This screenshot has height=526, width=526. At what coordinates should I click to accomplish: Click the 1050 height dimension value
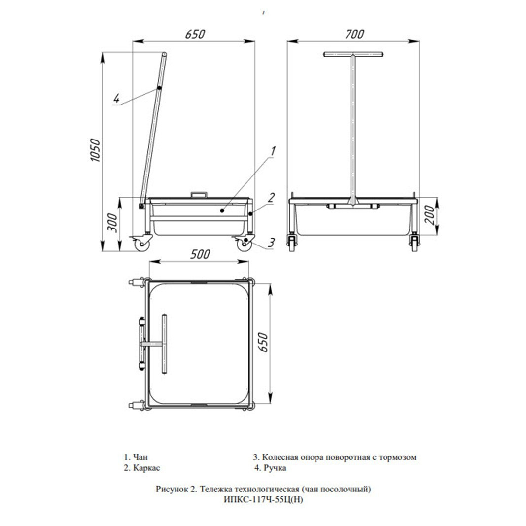coord(95,150)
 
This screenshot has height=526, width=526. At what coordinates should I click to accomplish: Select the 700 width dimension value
coord(354,34)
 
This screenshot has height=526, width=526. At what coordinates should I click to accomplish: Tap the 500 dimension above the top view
coord(200,254)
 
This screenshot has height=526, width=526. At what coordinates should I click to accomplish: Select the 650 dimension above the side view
coord(194,34)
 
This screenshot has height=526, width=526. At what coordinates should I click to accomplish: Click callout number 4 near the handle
coord(116,99)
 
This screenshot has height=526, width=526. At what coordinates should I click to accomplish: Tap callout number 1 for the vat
coord(273,151)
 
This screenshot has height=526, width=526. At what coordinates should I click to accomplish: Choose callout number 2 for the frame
coord(271,197)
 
